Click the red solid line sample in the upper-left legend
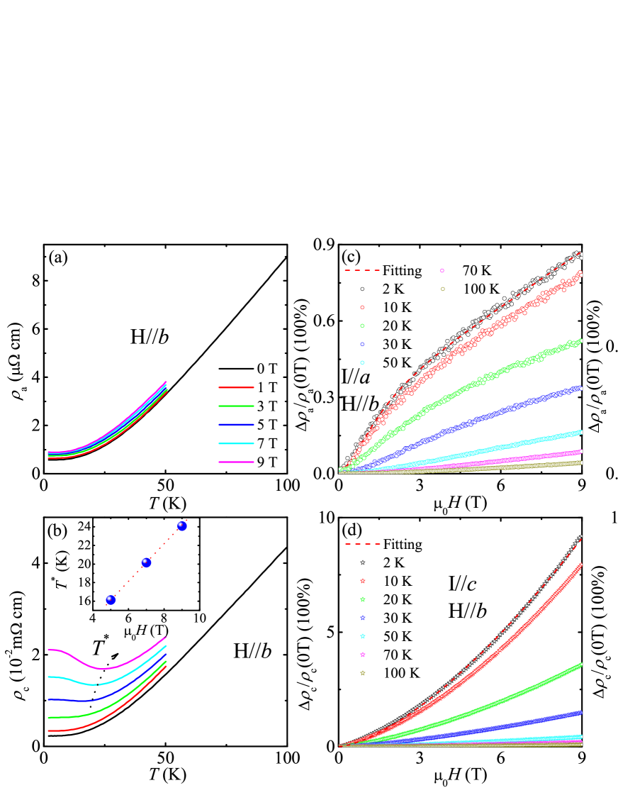tap(236, 387)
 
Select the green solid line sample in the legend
tap(236, 406)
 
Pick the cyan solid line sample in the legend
tap(236, 443)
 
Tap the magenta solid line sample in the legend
tap(236, 462)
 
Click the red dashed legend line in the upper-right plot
tap(362, 270)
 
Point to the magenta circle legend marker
tap(442, 270)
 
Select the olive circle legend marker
tap(442, 289)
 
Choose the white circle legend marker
tap(362, 289)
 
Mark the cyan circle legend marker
tap(362, 362)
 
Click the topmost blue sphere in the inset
tap(181, 526)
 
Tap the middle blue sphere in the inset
tap(146, 562)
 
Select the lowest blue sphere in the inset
tap(111, 600)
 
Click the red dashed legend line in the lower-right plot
tap(363, 544)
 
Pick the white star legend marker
tap(363, 562)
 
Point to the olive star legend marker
tap(363, 673)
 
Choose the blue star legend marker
tap(363, 618)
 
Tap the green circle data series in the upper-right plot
tap(482, 380)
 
